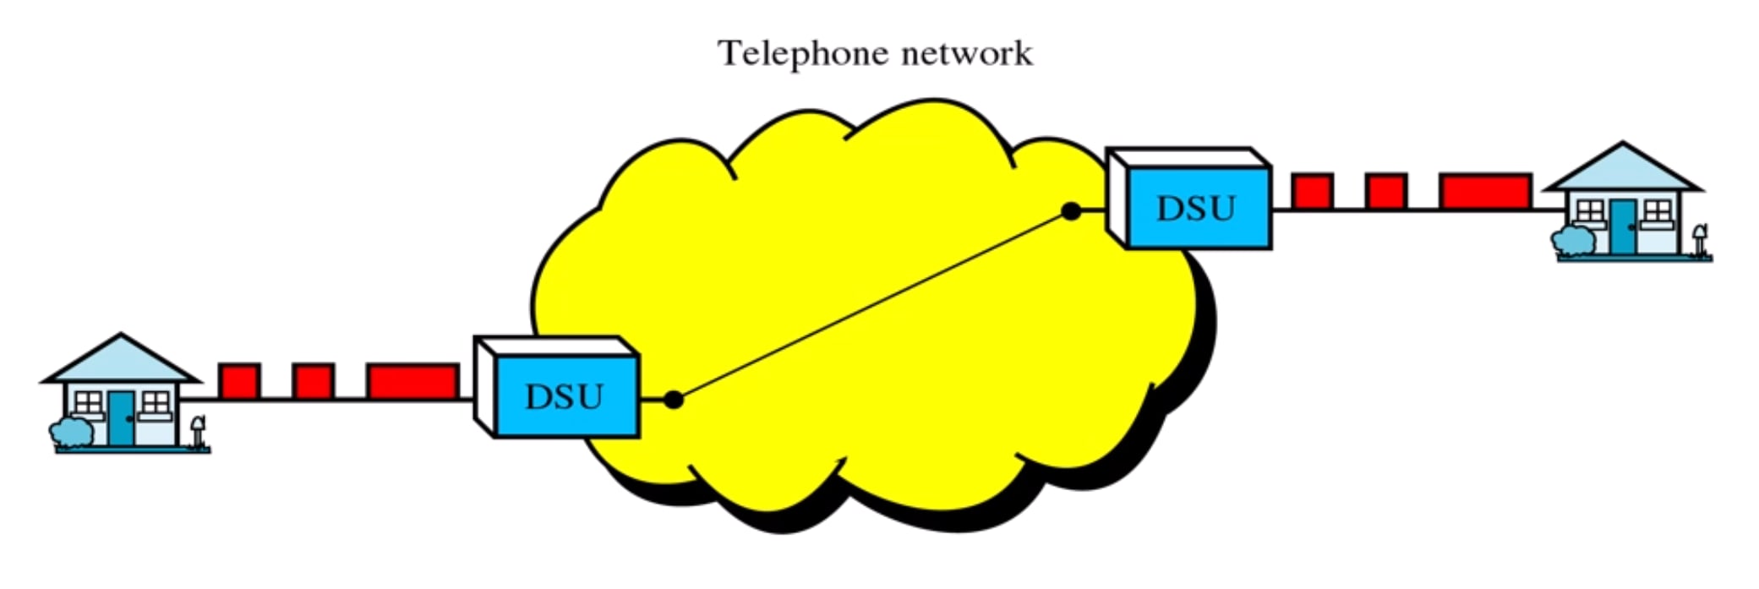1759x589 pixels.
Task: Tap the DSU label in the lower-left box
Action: tap(564, 396)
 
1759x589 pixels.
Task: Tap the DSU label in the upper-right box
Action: tap(1195, 208)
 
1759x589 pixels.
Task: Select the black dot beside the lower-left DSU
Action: tap(673, 399)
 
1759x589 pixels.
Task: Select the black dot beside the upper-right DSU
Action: tap(1071, 211)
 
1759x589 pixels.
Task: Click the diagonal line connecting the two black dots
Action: tap(871, 306)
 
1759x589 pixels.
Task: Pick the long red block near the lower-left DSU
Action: tap(412, 381)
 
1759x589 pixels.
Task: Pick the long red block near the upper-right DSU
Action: tap(1485, 191)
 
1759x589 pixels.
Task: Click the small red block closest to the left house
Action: tap(239, 381)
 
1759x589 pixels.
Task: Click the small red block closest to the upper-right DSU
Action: tap(1313, 191)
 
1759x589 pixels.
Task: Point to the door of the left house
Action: tap(121, 417)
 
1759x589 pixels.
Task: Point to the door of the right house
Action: tap(1621, 226)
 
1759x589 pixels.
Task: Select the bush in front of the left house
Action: tap(72, 432)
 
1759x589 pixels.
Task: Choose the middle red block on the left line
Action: tap(313, 381)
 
